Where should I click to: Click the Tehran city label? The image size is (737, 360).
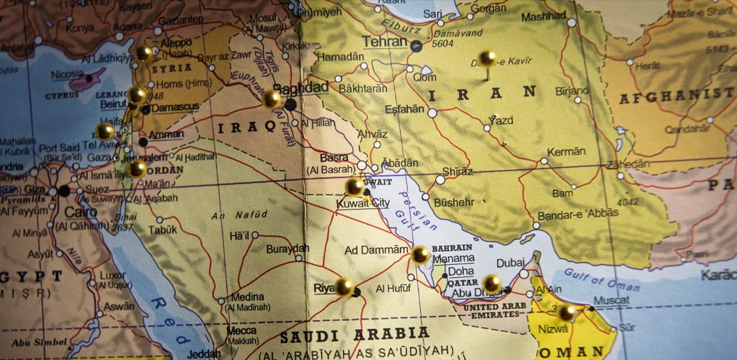[384, 42]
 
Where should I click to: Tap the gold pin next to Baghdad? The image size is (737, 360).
[272, 99]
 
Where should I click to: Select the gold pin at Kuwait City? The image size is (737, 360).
[354, 186]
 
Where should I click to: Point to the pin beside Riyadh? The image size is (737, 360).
[344, 287]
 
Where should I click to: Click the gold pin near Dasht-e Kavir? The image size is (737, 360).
[488, 58]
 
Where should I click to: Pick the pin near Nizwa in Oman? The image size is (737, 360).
[567, 312]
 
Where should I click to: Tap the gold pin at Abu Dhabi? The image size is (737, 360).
[491, 283]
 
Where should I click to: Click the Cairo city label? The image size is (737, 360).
[80, 213]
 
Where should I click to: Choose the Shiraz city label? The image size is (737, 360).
[457, 171]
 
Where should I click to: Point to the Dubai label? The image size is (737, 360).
[510, 263]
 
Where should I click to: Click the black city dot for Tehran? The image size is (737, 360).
[416, 46]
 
